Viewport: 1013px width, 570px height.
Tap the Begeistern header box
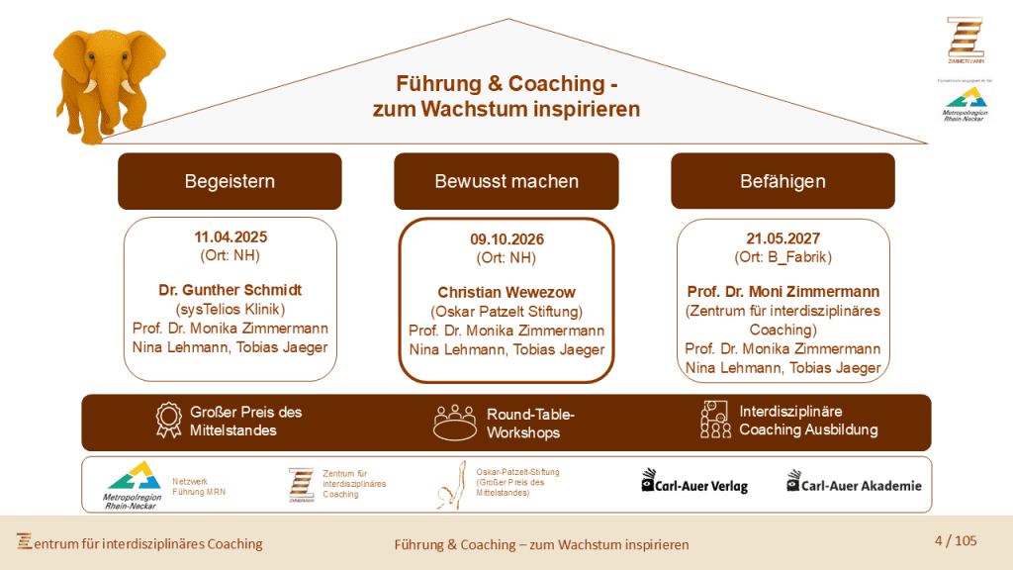[x=230, y=181]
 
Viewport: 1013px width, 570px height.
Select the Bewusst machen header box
[x=506, y=181]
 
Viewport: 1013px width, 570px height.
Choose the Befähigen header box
[x=783, y=181]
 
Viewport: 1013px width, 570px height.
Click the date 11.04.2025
[x=230, y=237]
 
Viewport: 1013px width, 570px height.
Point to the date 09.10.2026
[x=506, y=239]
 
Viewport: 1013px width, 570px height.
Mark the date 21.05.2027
[x=783, y=238]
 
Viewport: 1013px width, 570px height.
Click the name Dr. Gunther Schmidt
[x=230, y=291]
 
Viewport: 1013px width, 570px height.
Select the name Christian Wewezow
[x=506, y=293]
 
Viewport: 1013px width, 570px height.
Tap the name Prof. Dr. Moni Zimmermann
[x=783, y=292]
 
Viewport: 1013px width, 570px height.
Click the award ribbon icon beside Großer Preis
[x=169, y=420]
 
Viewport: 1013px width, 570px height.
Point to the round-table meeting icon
[x=455, y=422]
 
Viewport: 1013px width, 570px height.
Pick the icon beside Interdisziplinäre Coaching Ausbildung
[x=714, y=420]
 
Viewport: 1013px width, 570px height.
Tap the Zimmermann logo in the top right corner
[x=965, y=40]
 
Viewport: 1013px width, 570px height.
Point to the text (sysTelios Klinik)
[x=230, y=310]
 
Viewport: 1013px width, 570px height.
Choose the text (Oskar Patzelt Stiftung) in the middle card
[x=506, y=312]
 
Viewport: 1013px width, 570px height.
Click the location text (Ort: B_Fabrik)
[x=783, y=257]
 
